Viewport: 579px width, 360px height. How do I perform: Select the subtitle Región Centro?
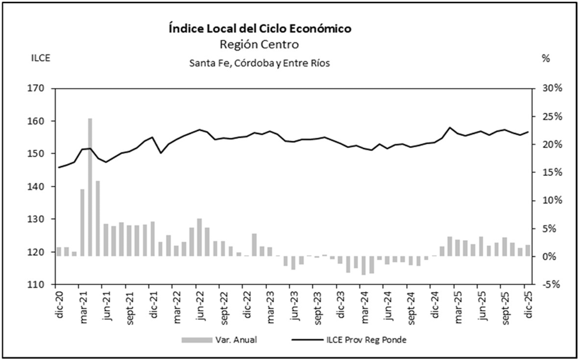pyautogui.click(x=260, y=45)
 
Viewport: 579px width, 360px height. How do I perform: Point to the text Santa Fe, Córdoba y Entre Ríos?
pyautogui.click(x=260, y=63)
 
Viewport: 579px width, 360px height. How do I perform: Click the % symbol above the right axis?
pyautogui.click(x=546, y=59)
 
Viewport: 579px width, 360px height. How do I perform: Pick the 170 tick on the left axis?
pyautogui.click(x=39, y=89)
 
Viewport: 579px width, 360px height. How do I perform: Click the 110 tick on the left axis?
pyautogui.click(x=39, y=285)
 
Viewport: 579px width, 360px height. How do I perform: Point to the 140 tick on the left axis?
pyautogui.click(x=39, y=187)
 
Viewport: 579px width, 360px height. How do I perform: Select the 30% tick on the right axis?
pyautogui.click(x=553, y=89)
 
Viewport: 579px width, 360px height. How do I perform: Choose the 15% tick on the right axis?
pyautogui.click(x=553, y=173)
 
